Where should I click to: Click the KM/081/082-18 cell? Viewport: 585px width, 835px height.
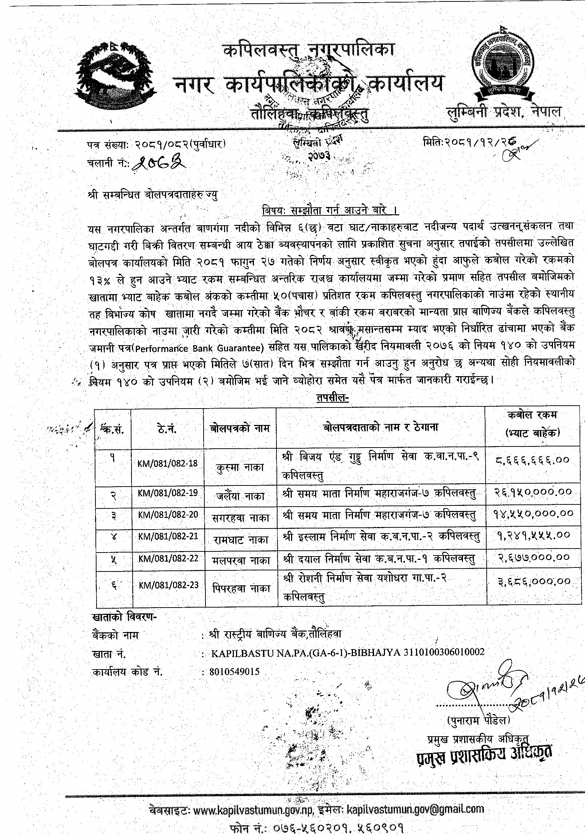(168, 464)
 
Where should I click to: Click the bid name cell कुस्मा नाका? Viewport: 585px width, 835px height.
(240, 467)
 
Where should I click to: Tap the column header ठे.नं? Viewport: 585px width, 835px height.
(168, 429)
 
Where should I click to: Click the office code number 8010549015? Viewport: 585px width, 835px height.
(234, 671)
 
